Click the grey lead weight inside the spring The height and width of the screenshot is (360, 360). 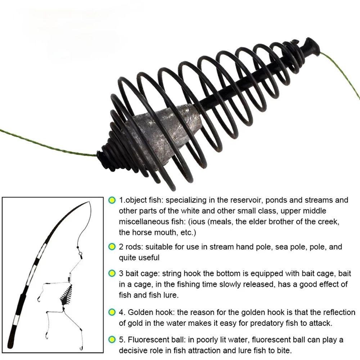tap(162, 133)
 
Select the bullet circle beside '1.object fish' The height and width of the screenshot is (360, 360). tap(112, 200)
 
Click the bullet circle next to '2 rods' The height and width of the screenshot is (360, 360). tap(112, 247)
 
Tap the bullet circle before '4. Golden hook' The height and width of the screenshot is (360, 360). tap(112, 312)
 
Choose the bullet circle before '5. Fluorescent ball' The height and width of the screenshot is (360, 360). tap(112, 340)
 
